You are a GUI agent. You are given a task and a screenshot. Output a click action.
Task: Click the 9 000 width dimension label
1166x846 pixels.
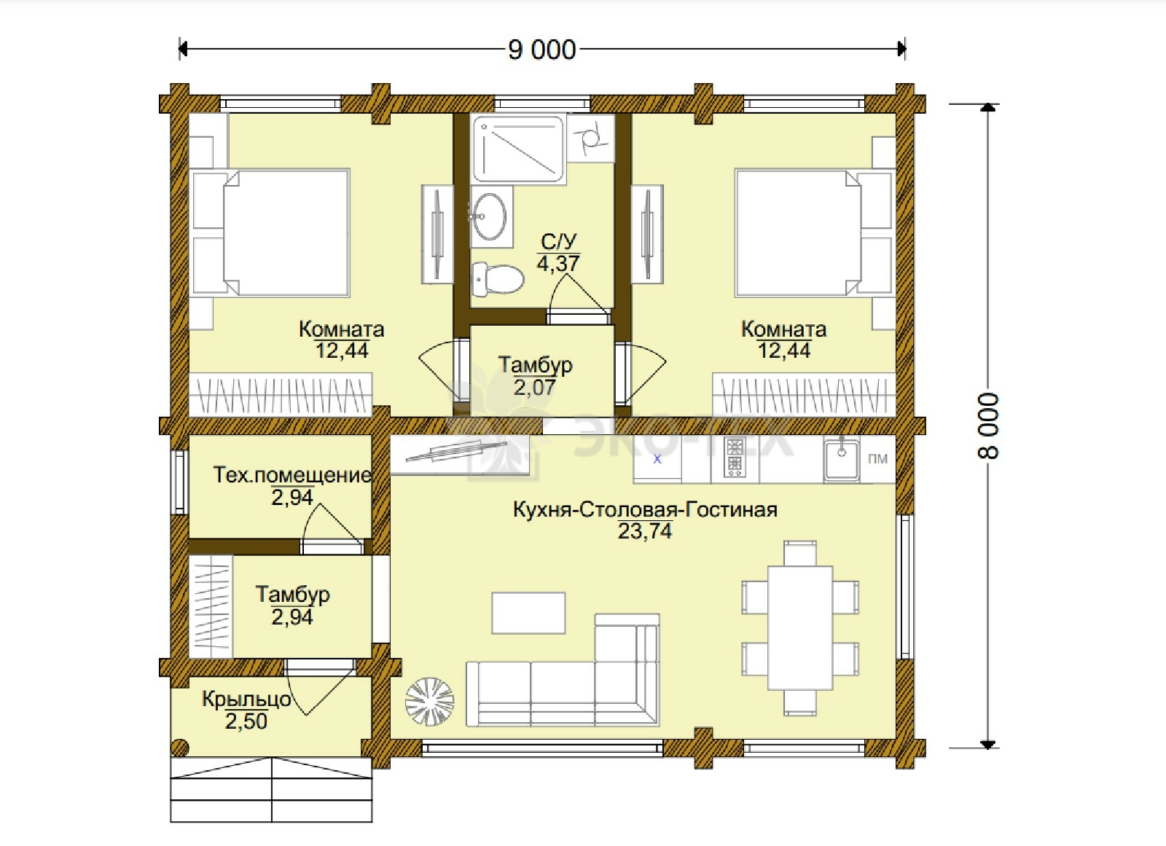[542, 50]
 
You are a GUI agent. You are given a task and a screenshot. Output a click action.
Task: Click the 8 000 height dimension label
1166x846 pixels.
[988, 426]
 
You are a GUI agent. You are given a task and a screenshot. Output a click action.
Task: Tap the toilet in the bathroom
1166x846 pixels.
[497, 280]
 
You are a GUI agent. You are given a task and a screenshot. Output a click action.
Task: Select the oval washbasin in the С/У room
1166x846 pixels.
[489, 216]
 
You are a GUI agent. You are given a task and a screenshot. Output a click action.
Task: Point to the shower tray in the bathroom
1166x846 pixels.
[517, 149]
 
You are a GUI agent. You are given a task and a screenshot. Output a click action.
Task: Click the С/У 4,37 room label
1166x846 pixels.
[558, 253]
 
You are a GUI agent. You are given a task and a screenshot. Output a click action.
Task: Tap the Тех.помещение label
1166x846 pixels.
[292, 475]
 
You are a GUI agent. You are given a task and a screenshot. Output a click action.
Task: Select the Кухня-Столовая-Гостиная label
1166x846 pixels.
[645, 509]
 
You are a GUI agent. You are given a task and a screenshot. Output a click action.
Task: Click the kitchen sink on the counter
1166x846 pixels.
[841, 460]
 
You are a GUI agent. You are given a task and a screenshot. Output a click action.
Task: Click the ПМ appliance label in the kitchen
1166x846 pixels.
[877, 458]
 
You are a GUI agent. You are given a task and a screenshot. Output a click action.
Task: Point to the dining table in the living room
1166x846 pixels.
[800, 627]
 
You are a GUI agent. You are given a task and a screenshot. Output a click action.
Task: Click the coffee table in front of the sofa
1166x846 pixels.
[528, 613]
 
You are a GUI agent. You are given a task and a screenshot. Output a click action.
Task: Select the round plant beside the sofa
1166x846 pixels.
[429, 702]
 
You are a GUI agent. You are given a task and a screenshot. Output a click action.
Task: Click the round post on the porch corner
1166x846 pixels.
[180, 748]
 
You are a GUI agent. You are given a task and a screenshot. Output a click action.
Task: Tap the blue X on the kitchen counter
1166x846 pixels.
[657, 459]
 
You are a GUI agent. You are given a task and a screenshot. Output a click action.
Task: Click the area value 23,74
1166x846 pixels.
[645, 531]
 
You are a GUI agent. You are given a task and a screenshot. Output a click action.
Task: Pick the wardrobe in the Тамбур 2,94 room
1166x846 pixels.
[211, 607]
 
